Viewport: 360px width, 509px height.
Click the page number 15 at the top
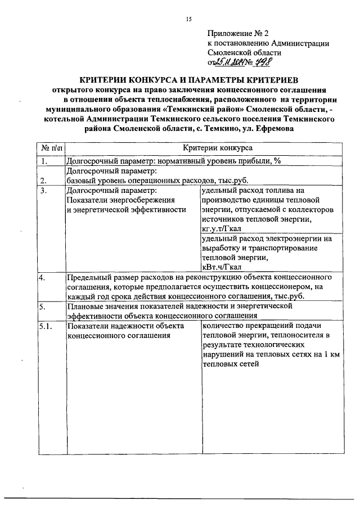(188, 19)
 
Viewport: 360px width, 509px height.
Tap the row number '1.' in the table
(43, 161)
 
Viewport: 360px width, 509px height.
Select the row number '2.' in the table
(43, 181)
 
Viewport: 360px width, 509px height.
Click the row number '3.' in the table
(43, 191)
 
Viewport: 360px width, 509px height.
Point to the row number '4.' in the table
(42, 277)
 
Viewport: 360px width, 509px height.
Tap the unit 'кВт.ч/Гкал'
(222, 267)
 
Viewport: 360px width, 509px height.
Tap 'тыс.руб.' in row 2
(233, 181)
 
